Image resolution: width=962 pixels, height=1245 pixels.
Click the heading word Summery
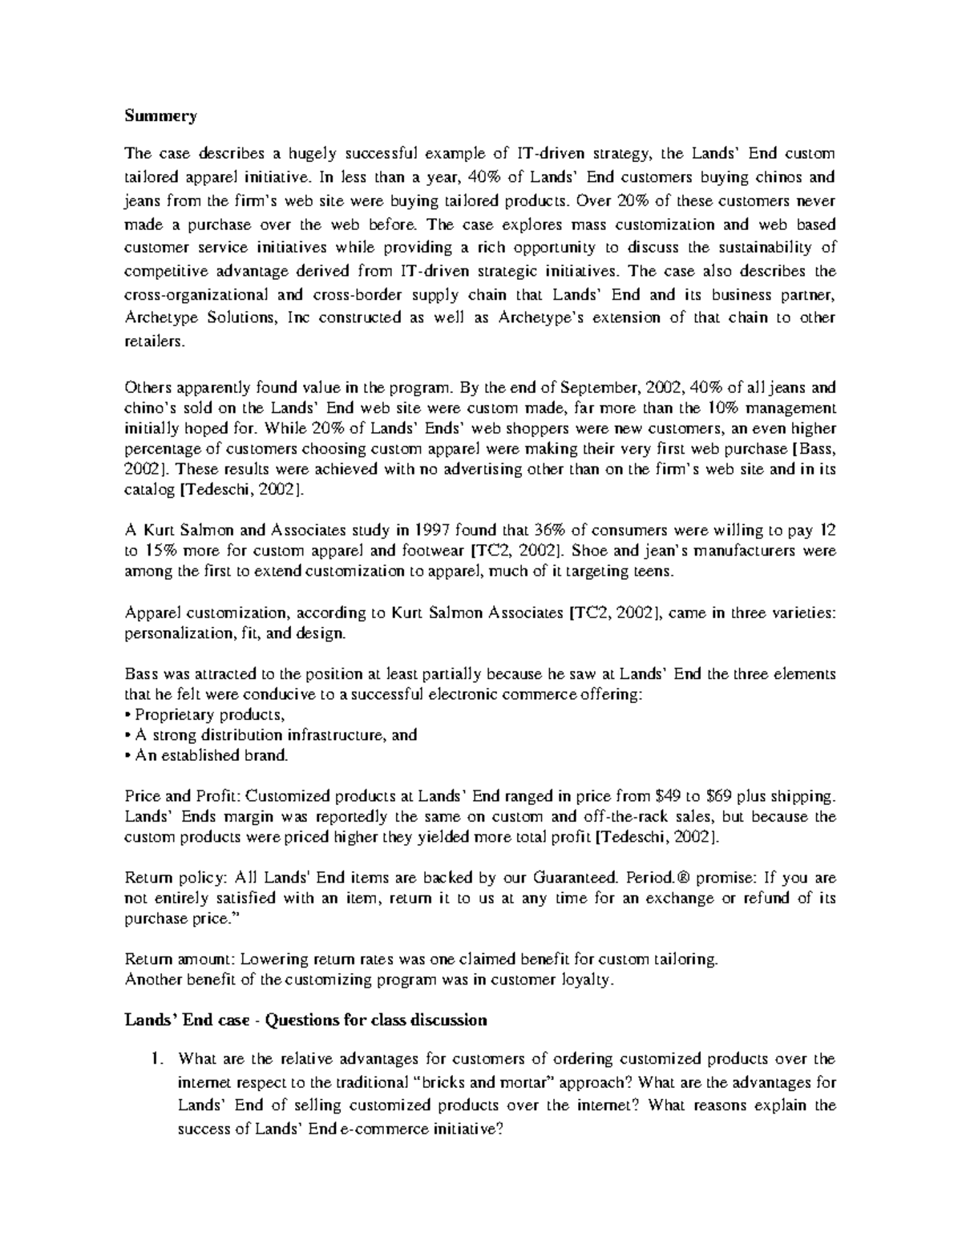pyautogui.click(x=160, y=116)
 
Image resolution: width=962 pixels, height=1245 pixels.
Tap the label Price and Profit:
pyautogui.click(x=184, y=797)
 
